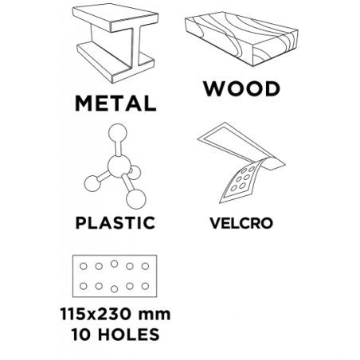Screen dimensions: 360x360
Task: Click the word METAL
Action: (x=115, y=103)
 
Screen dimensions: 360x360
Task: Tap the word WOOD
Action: (x=242, y=88)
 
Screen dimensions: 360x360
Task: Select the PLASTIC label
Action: (x=115, y=223)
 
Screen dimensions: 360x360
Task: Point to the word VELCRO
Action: (x=241, y=223)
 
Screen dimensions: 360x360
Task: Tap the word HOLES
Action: (x=129, y=335)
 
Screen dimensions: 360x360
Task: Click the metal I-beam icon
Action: (x=115, y=43)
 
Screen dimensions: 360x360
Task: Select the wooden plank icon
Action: (x=241, y=39)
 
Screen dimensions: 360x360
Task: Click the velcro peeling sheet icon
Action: (x=241, y=162)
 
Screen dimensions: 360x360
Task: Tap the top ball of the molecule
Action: (x=118, y=133)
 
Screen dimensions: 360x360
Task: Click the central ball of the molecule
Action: (x=119, y=166)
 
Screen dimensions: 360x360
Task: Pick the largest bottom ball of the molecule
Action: (x=136, y=199)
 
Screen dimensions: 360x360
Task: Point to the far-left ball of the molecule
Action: (x=92, y=183)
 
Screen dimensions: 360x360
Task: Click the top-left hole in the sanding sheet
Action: (x=84, y=266)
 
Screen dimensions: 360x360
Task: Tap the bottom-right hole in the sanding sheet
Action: (x=145, y=286)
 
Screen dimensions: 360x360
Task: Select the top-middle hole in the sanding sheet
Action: (x=115, y=264)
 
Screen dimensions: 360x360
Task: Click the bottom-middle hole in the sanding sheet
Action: (x=115, y=289)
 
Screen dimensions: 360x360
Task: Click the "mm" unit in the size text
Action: (x=155, y=315)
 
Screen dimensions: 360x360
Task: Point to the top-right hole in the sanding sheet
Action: (x=145, y=266)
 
